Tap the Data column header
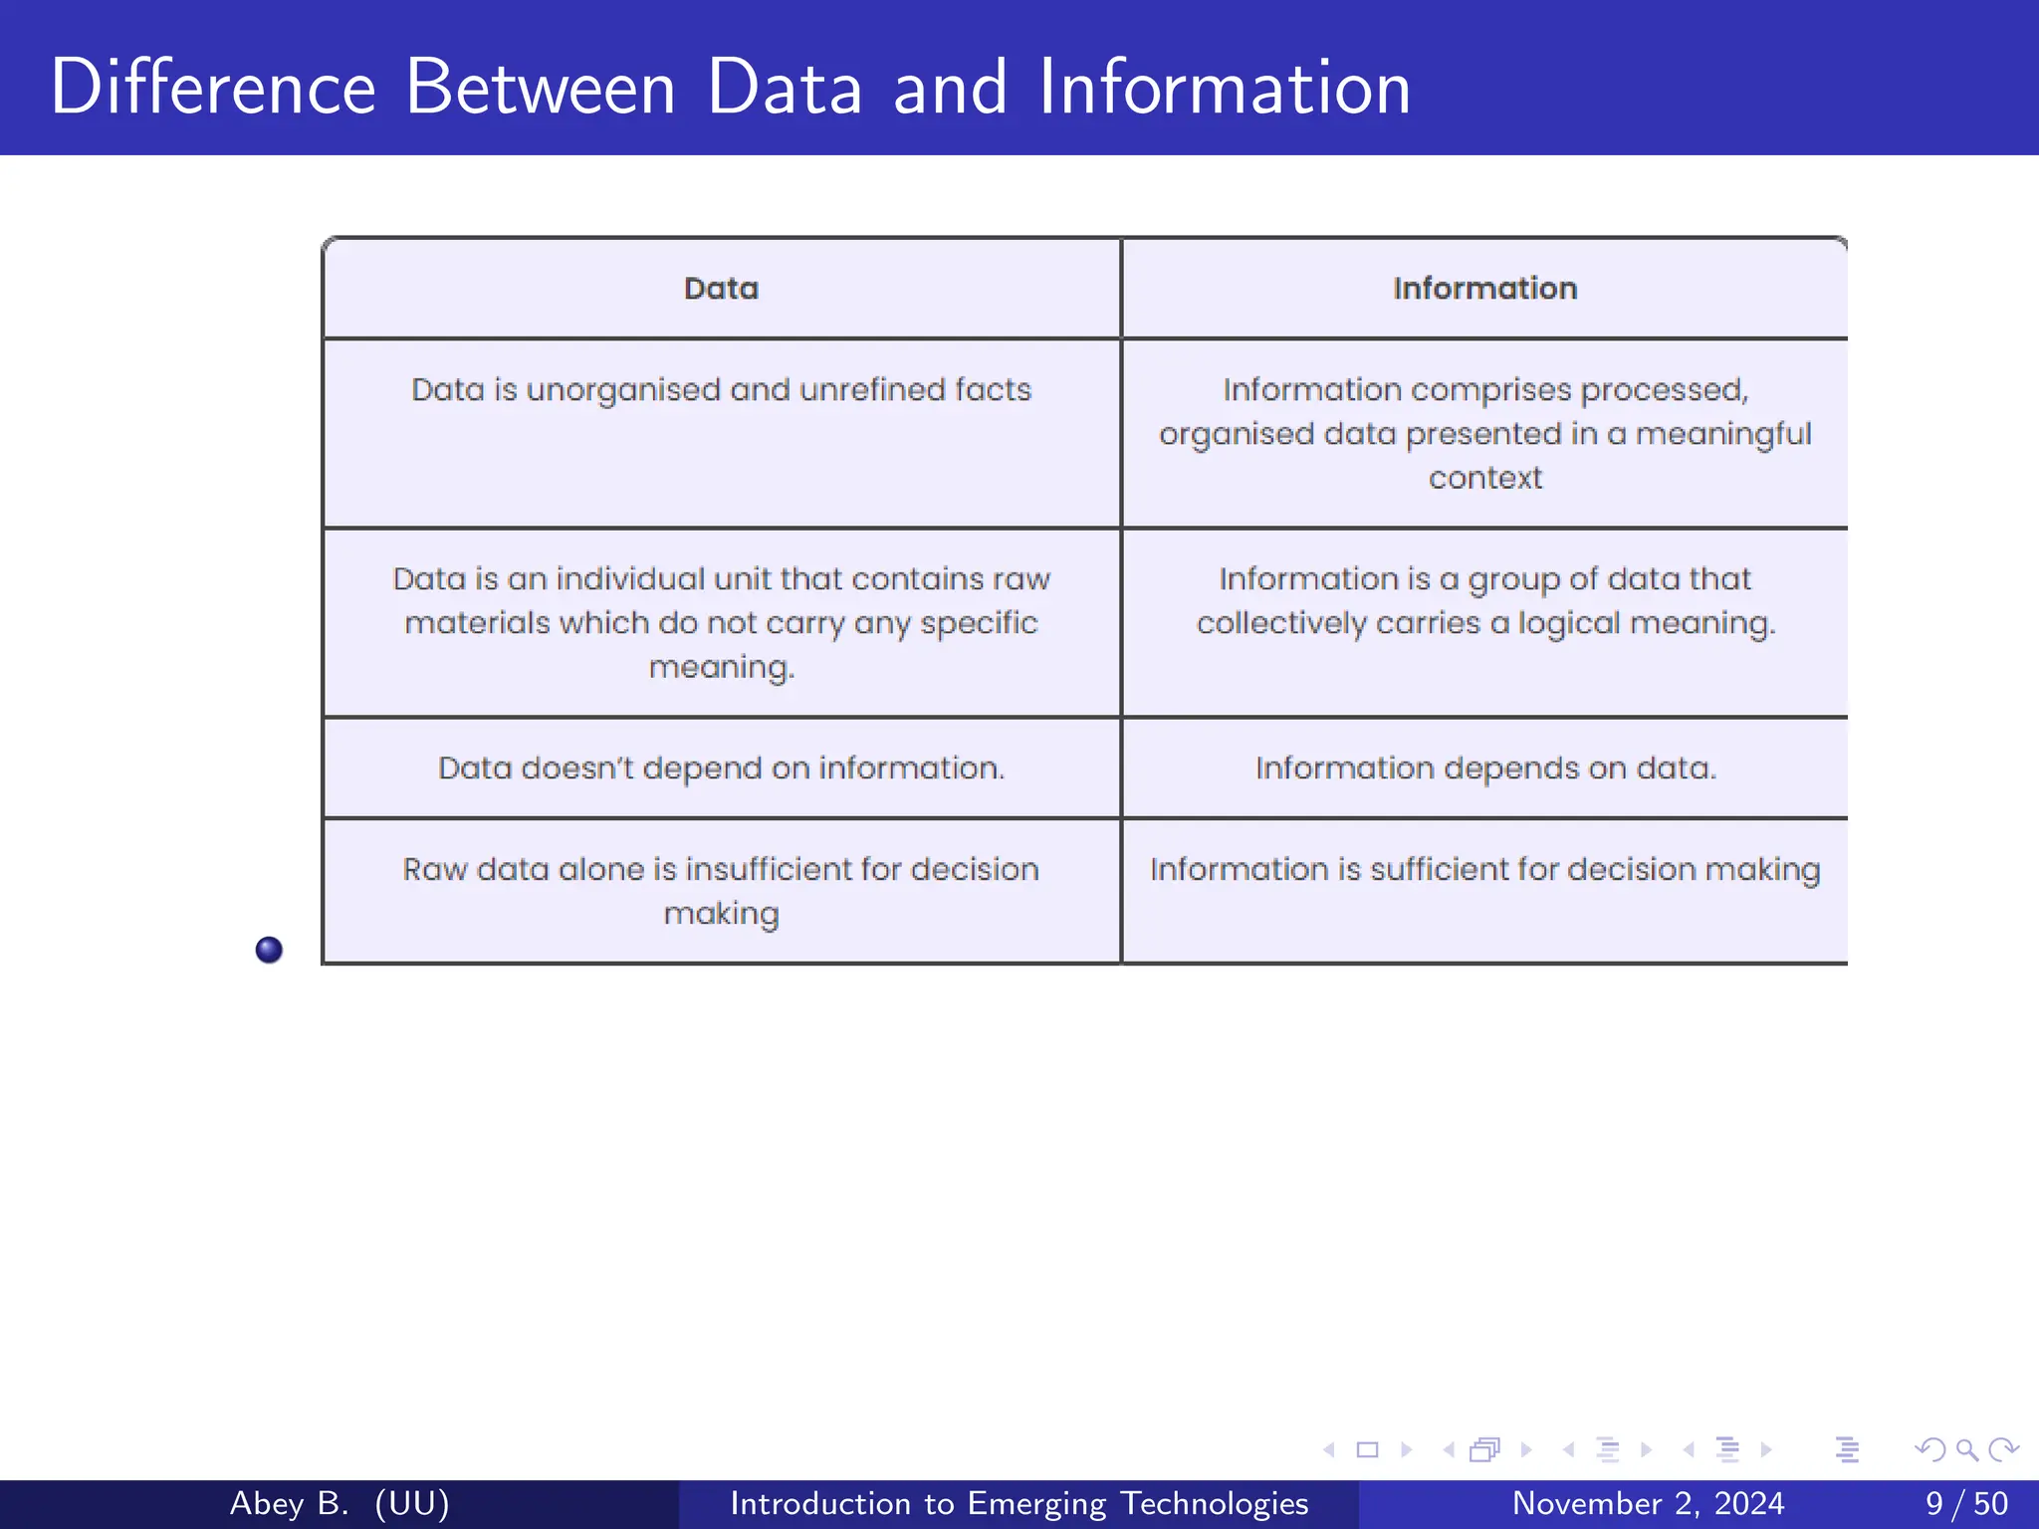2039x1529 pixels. (721, 289)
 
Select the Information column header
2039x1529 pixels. (1484, 289)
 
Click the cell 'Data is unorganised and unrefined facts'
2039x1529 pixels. (721, 389)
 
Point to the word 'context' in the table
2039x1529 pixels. (1484, 478)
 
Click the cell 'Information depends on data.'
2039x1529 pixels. (1484, 767)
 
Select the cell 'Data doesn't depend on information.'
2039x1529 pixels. (721, 767)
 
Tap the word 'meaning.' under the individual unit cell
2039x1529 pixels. (721, 667)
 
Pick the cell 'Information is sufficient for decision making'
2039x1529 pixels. (1484, 869)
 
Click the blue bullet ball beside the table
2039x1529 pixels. (269, 950)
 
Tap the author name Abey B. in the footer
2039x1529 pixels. (289, 1503)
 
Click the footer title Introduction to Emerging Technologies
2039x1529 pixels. (1019, 1503)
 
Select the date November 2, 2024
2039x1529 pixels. (1648, 1503)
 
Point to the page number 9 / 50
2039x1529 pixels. (1966, 1503)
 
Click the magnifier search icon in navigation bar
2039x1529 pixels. (1966, 1449)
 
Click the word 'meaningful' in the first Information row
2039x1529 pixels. (1722, 434)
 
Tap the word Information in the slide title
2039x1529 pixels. (1224, 88)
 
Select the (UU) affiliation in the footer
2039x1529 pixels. (412, 1503)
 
